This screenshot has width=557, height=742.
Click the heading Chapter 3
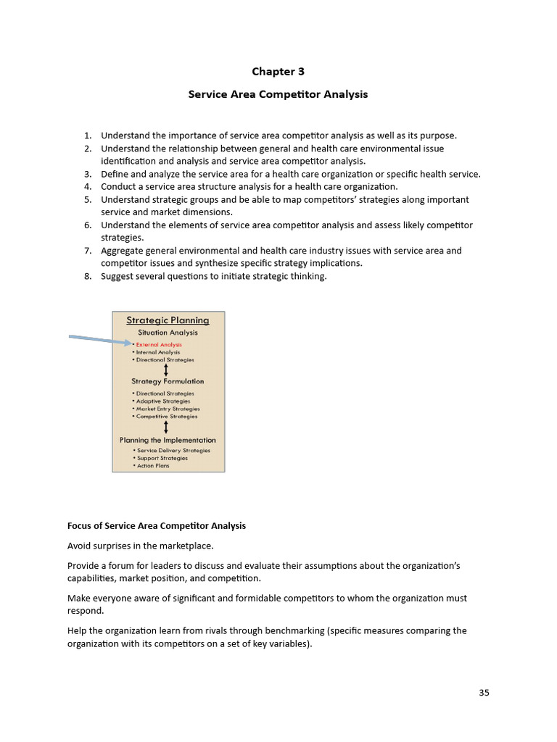pyautogui.click(x=278, y=71)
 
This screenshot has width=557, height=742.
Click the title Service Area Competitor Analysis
pyautogui.click(x=278, y=94)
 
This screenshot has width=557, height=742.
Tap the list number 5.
pyautogui.click(x=88, y=199)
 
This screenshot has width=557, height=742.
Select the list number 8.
pyautogui.click(x=88, y=276)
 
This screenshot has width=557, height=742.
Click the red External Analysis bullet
pyautogui.click(x=159, y=345)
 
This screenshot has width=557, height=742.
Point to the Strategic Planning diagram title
pyautogui.click(x=168, y=320)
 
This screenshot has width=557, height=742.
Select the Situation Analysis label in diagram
pyautogui.click(x=168, y=333)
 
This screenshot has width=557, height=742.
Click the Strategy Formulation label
pyautogui.click(x=168, y=381)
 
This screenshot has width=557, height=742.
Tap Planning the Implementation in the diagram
pyautogui.click(x=168, y=440)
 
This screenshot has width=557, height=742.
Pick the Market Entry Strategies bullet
pyautogui.click(x=168, y=409)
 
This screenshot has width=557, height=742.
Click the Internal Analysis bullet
pyautogui.click(x=158, y=352)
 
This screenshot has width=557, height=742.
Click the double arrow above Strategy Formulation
pyautogui.click(x=167, y=370)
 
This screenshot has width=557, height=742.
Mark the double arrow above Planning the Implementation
pyautogui.click(x=167, y=428)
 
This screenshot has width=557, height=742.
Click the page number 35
pyautogui.click(x=484, y=693)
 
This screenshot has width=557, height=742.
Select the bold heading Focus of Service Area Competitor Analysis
pyautogui.click(x=157, y=526)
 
